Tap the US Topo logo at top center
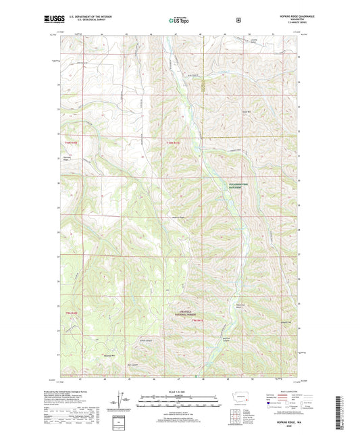pyautogui.click(x=179, y=20)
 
